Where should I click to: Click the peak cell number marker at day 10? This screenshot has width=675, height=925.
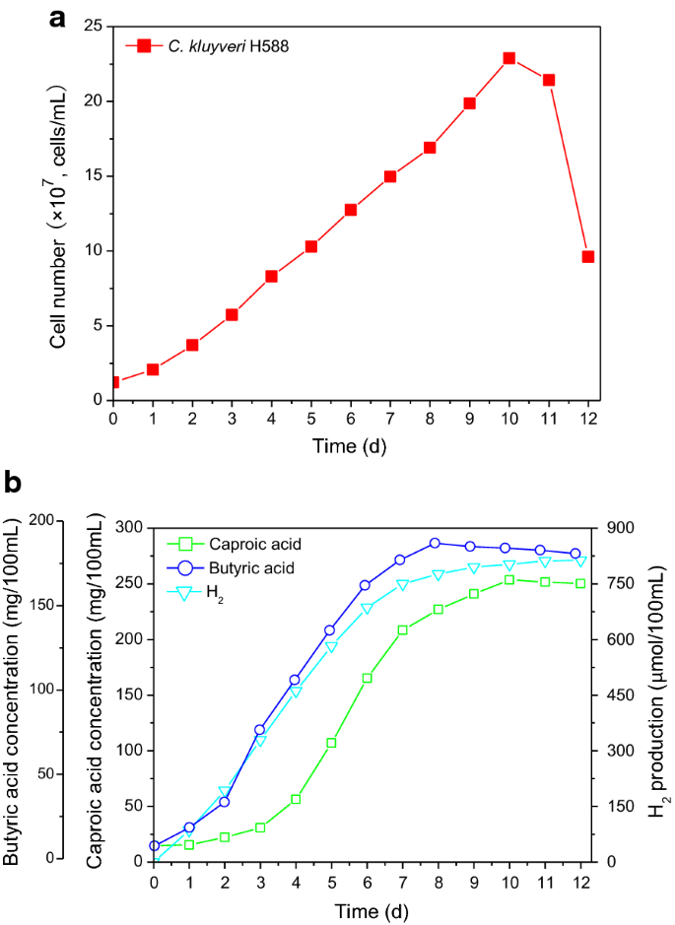coord(509,58)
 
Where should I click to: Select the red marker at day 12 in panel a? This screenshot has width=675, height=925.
coord(588,257)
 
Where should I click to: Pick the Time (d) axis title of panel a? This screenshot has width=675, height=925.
coord(351,446)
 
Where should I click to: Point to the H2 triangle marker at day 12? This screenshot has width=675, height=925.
coord(581,561)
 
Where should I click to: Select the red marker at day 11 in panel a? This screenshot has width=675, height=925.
coord(549,80)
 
